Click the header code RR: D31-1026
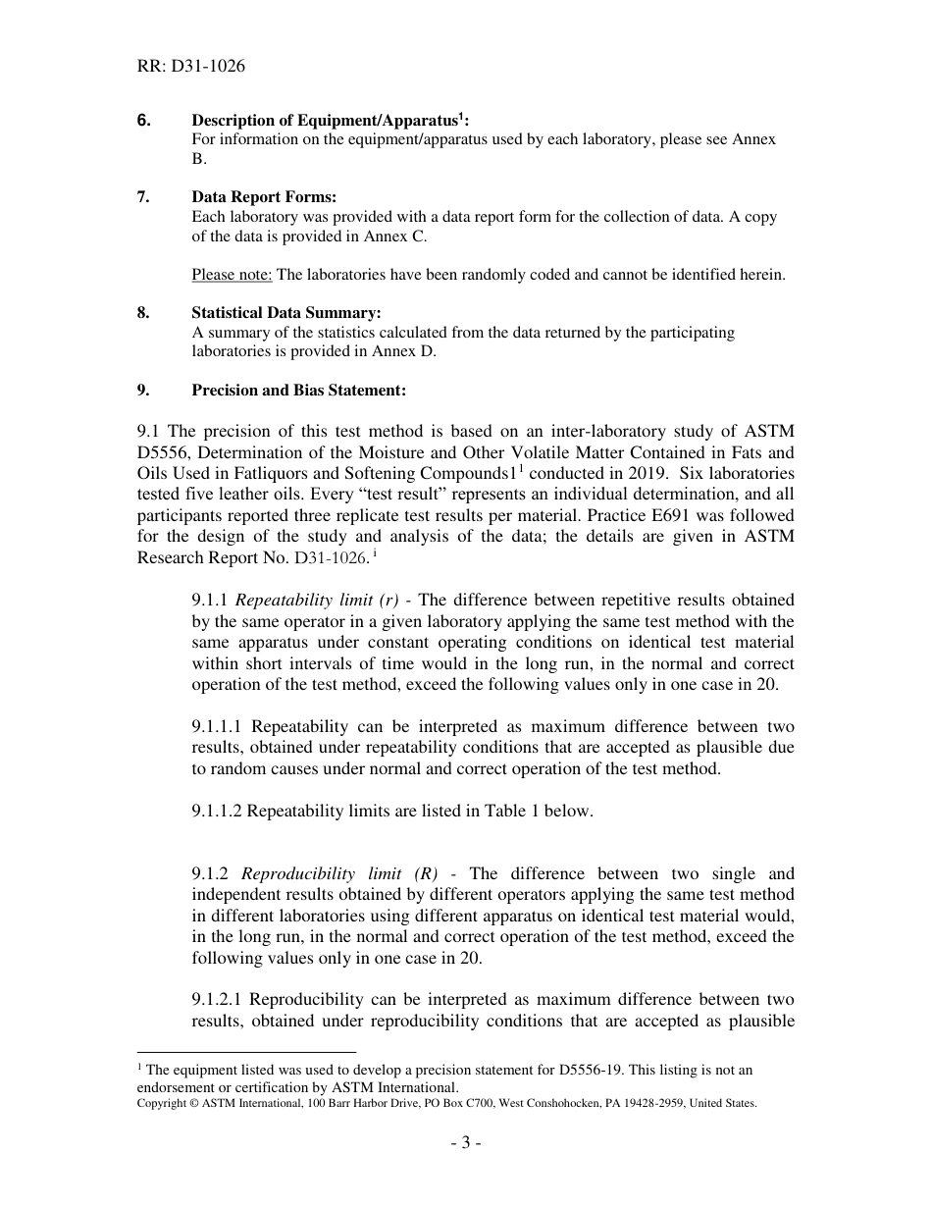(x=191, y=67)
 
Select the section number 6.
(x=144, y=121)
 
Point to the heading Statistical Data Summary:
(x=285, y=313)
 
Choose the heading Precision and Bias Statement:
(x=298, y=390)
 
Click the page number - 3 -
(x=465, y=1142)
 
